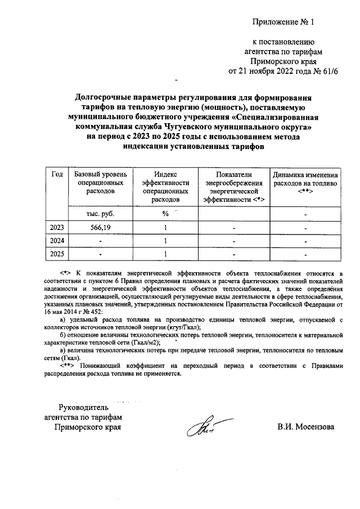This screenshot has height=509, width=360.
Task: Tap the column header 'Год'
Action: (x=57, y=174)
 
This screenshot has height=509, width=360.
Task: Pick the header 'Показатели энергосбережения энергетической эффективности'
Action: (x=233, y=187)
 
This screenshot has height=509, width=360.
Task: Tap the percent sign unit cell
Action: (x=166, y=214)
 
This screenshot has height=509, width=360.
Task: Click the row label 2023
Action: (x=57, y=228)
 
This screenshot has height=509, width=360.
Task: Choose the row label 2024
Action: (x=57, y=241)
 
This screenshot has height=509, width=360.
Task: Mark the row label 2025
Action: (x=57, y=254)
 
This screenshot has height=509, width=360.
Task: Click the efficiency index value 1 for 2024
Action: (x=166, y=241)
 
